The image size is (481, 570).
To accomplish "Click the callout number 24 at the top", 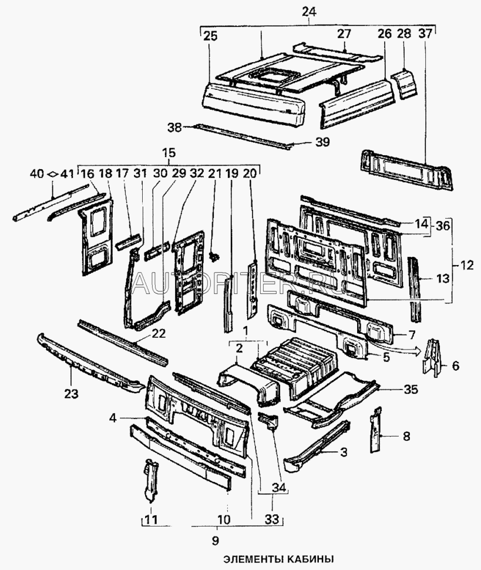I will [x=308, y=11].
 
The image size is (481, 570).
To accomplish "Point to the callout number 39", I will [x=323, y=142].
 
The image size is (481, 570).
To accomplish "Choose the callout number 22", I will [x=158, y=333].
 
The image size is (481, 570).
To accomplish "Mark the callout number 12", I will [x=467, y=265].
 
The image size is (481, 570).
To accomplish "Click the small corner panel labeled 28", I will [x=406, y=82].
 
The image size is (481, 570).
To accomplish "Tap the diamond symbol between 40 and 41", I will [x=52, y=173].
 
